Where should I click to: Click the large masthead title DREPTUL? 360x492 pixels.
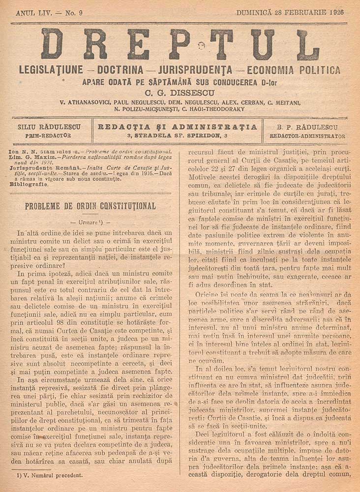click(x=180, y=44)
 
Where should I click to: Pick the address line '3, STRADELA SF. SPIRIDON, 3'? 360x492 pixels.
click(x=178, y=135)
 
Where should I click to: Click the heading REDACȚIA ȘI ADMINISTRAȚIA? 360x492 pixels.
click(x=178, y=127)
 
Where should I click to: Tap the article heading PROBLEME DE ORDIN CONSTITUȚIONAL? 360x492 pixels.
click(x=90, y=205)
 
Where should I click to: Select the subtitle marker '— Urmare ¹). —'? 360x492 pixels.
click(x=90, y=222)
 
